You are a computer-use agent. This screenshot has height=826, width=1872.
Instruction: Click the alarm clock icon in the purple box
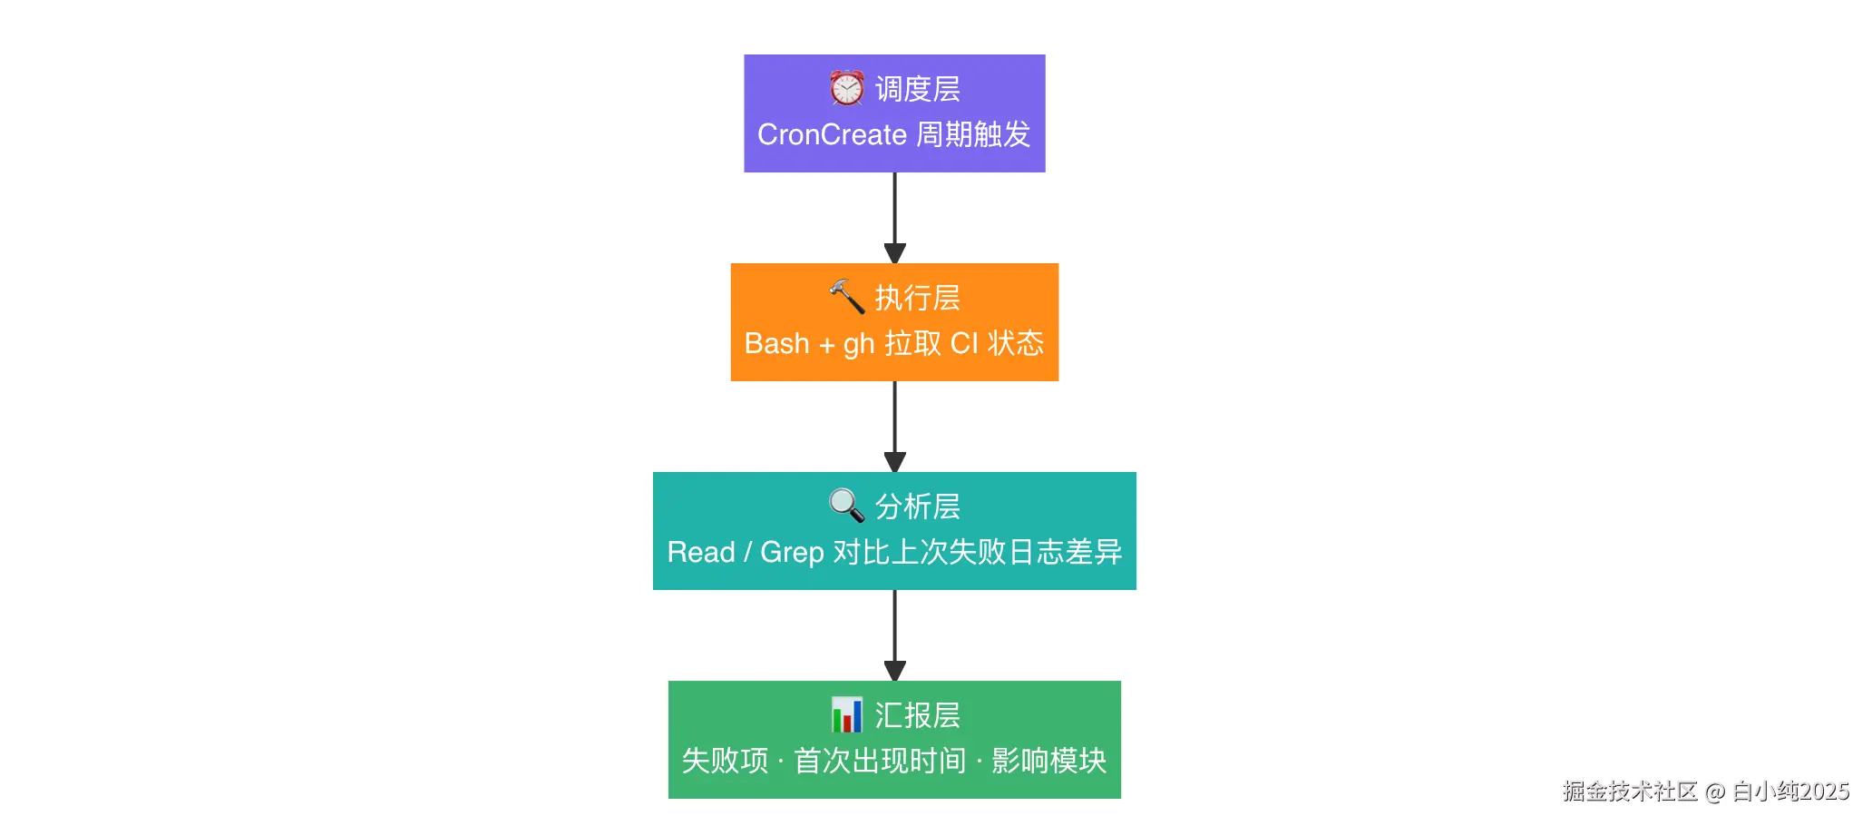point(846,88)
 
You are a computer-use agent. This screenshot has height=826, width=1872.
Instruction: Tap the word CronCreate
point(832,134)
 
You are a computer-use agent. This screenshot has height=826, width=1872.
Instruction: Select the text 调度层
point(917,89)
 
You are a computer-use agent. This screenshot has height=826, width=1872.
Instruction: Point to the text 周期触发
point(973,134)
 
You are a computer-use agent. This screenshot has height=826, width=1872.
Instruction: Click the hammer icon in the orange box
point(846,296)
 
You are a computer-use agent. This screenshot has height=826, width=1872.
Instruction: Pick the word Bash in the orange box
point(776,343)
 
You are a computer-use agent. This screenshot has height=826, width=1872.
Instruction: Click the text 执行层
point(917,298)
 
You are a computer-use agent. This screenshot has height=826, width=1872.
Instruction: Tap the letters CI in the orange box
point(964,343)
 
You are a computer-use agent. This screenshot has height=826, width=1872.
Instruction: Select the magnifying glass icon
point(846,505)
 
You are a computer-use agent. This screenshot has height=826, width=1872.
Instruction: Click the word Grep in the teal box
point(792,552)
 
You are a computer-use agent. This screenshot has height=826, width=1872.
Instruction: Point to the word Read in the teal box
point(700,552)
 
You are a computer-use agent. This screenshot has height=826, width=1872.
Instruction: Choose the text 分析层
point(917,506)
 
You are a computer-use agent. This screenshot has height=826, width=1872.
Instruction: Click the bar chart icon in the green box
point(846,714)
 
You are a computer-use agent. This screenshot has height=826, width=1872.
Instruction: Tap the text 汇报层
point(917,715)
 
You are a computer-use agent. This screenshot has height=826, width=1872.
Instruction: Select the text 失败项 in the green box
point(725,761)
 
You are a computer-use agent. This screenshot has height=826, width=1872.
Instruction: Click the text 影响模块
point(1048,761)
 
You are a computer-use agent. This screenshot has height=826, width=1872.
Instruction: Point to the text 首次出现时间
point(880,761)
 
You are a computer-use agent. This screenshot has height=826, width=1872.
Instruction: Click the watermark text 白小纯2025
point(1789,792)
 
